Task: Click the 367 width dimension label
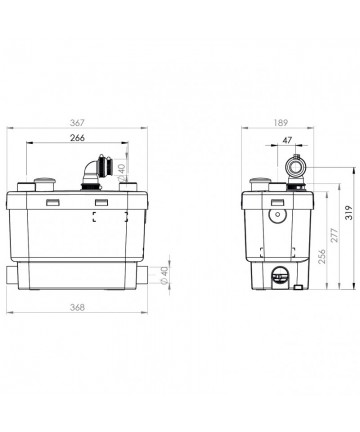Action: [77, 123]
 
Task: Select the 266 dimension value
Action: [77, 137]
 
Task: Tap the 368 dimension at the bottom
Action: [77, 307]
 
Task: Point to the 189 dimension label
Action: [280, 123]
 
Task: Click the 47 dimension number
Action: [287, 140]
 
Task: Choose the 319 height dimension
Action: [349, 212]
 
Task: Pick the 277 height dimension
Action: [334, 235]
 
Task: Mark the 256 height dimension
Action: [322, 256]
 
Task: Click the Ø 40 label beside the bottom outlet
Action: [164, 276]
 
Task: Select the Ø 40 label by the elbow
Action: [122, 173]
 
